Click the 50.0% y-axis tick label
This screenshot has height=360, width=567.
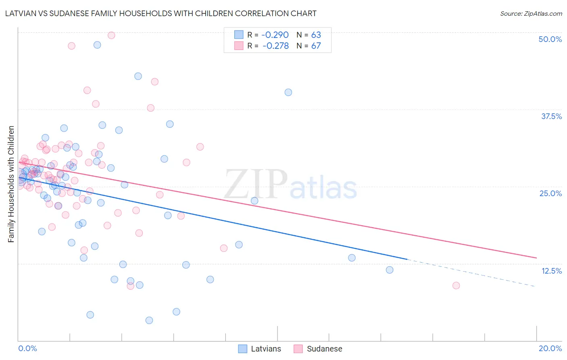(550, 39)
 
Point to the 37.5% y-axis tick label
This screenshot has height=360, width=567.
(551, 116)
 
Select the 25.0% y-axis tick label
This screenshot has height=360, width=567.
(550, 193)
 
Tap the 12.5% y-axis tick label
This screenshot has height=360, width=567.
(551, 271)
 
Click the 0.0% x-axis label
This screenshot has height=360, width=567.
(27, 348)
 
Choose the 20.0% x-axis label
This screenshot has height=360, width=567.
(550, 348)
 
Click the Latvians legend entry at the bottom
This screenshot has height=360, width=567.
(260, 349)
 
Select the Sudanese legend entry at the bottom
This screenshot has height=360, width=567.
(318, 349)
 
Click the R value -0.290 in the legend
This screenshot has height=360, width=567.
(275, 35)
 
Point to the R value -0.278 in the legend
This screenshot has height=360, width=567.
(275, 46)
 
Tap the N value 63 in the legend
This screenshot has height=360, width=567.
(316, 35)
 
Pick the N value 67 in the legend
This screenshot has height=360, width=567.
(316, 46)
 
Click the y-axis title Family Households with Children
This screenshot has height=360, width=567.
(11, 184)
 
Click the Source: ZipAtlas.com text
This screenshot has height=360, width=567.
(531, 14)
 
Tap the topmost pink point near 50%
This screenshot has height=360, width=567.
(111, 35)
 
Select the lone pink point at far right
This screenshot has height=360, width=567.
(456, 285)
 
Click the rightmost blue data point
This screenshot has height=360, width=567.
(390, 270)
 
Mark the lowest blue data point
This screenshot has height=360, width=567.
(149, 320)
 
